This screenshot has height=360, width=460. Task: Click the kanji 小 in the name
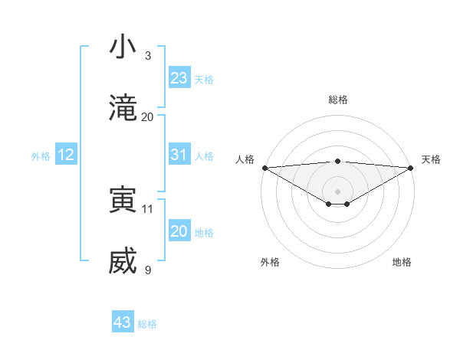click(123, 47)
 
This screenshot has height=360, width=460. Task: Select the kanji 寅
click(123, 201)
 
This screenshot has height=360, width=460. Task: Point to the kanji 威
click(123, 263)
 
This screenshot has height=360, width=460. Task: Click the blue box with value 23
click(179, 78)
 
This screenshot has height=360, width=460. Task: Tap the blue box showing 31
click(179, 155)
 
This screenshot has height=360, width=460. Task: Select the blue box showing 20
click(179, 231)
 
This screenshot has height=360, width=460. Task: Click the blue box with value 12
click(66, 155)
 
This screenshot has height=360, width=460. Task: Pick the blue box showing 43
click(123, 322)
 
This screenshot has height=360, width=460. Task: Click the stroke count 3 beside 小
click(148, 55)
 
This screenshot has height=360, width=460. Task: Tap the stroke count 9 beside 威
click(148, 270)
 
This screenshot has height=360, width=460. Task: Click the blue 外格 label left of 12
click(41, 156)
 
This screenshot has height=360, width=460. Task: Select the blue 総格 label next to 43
click(147, 324)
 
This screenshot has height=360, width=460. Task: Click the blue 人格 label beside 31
click(204, 156)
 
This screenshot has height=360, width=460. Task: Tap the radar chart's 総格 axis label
click(338, 100)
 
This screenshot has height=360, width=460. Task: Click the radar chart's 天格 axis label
click(431, 159)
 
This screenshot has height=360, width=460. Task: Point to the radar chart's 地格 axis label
click(402, 262)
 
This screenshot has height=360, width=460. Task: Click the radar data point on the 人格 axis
click(264, 168)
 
